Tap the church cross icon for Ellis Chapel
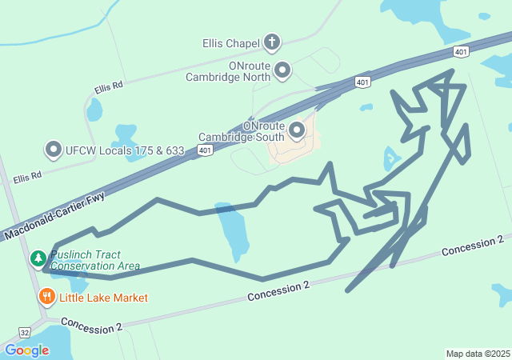(273, 42)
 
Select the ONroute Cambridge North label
(227, 71)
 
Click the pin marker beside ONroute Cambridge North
(282, 70)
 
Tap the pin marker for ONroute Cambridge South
(297, 129)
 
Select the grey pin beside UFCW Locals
(54, 150)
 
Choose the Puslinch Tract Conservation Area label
(94, 261)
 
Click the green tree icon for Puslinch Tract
(38, 258)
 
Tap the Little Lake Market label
(103, 298)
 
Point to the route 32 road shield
(25, 330)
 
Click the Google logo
(26, 350)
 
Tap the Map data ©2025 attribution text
(478, 354)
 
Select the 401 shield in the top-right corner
(460, 52)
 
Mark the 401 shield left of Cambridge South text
(206, 150)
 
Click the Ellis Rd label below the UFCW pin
(26, 177)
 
